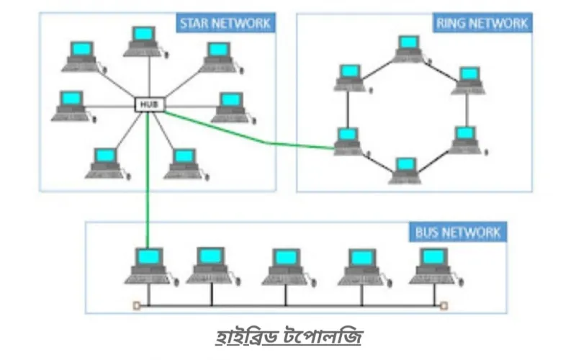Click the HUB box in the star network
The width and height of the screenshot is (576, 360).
150,104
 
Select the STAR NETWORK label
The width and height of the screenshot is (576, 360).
225,24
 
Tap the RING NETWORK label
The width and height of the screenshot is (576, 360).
482,23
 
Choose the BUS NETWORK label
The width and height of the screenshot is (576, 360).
458,232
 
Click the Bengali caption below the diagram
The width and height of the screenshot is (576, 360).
289,336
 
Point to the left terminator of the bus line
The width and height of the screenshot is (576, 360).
137,305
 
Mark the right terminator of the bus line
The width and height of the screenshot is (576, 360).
444,305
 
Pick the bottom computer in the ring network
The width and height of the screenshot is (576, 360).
405,171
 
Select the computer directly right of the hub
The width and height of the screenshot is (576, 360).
233,108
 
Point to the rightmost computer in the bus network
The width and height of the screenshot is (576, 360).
436,266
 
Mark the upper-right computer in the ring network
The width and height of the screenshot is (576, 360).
469,81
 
